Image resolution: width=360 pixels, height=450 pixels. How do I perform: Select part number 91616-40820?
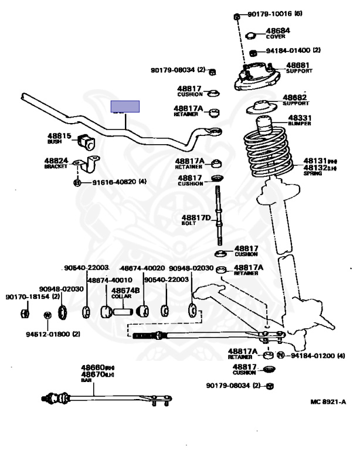click(x=115, y=182)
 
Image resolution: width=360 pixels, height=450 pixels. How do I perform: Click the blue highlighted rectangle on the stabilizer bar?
click(x=126, y=106)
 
